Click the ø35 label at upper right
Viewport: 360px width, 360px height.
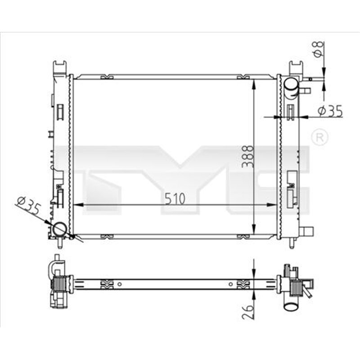tap(330, 111)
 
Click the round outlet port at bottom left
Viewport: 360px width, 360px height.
tap(59, 229)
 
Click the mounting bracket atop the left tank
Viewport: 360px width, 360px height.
tap(60, 68)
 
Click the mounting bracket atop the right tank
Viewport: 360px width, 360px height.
tap(297, 67)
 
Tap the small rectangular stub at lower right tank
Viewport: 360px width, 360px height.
tap(307, 232)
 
